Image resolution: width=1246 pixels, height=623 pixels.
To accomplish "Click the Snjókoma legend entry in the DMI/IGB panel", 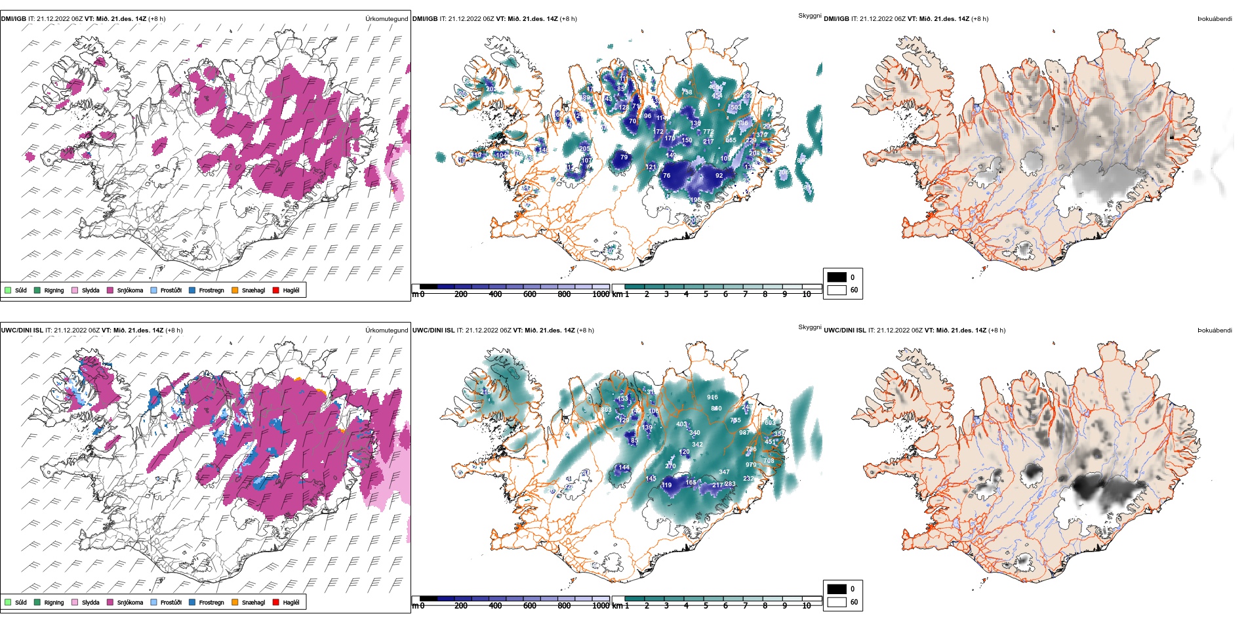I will [129, 291].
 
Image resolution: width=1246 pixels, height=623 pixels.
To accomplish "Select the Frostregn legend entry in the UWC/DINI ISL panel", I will [211, 603].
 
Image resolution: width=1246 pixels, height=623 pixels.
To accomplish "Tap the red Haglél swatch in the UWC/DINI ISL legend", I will [276, 602].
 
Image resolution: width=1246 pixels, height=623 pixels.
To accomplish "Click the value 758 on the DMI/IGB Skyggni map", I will [687, 92].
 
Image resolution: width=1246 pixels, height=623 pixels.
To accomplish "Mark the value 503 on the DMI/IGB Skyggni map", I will [736, 107].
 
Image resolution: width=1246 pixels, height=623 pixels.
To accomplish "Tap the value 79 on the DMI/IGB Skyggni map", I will [624, 157].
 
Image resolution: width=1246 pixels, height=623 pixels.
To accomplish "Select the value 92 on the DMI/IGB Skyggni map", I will [719, 176].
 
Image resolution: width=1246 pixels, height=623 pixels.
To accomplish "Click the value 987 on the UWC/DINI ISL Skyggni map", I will [744, 433].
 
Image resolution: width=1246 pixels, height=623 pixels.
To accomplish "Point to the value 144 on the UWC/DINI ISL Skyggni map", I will [624, 468].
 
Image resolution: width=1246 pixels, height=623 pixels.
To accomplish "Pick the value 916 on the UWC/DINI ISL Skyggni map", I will [712, 397].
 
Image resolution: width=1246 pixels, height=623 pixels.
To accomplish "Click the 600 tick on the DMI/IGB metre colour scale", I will [530, 294].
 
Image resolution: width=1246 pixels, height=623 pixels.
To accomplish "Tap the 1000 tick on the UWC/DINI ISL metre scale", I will [601, 606].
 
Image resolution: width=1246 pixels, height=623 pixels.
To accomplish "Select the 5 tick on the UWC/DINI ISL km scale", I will [706, 606].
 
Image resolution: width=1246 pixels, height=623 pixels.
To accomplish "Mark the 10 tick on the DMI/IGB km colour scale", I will [807, 294].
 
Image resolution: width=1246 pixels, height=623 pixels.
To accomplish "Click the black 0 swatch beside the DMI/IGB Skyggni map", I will [837, 277].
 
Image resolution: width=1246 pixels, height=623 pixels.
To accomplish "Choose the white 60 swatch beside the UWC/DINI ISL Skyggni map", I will [837, 602].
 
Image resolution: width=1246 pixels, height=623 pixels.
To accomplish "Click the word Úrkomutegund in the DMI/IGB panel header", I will [386, 19].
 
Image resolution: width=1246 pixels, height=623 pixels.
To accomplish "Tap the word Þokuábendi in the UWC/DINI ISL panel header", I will [1215, 331].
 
